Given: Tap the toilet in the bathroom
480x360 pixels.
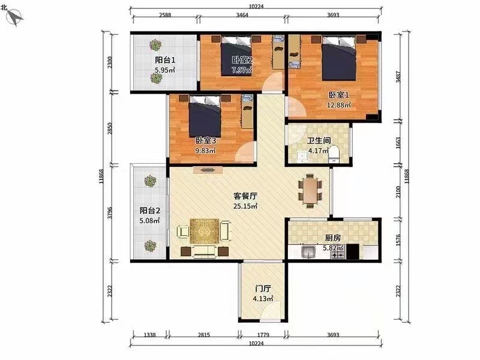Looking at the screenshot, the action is point(334,154).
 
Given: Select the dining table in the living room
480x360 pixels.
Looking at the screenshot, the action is point(310,191).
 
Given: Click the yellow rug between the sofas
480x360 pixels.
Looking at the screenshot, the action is point(204,231).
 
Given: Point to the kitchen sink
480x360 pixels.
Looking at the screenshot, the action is point(308,252).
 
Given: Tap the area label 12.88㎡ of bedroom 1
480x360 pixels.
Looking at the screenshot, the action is point(338,105).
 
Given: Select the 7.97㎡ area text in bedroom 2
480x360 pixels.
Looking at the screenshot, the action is point(242,70).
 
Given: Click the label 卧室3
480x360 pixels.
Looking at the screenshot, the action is point(206,140).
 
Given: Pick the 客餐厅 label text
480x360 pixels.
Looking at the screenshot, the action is point(245,196).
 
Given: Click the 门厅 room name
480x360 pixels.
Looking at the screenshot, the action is point(263,289).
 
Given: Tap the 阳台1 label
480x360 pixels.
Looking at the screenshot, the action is point(165,60).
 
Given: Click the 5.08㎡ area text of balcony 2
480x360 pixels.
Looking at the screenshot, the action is point(149,220).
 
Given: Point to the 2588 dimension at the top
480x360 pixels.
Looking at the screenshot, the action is point(165,14).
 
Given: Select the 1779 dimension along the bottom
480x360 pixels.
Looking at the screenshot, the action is point(263,335).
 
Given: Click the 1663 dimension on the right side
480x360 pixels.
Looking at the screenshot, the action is point(398,143).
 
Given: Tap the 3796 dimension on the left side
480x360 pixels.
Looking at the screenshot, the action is point(110,213).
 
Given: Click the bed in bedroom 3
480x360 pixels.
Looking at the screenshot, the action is point(205,116).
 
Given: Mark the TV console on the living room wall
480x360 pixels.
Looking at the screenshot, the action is point(208,170).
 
